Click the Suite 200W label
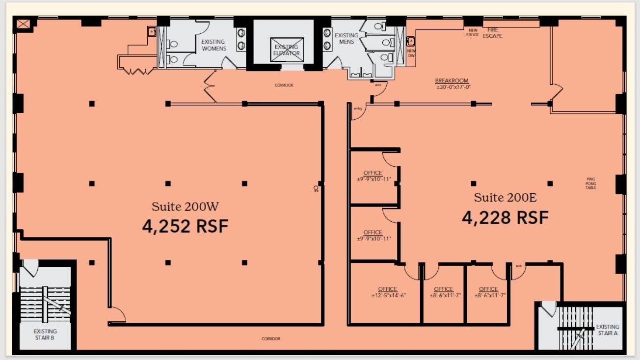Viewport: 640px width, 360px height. click(185, 206)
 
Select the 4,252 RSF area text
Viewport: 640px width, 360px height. click(185, 226)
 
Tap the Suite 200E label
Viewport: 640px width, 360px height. click(505, 198)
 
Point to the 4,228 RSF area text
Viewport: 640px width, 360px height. click(505, 217)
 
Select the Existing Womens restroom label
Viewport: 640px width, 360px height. click(213, 45)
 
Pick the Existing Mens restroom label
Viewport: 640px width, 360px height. click(347, 39)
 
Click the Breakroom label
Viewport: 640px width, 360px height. click(452, 80)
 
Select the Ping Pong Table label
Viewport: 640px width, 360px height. click(591, 183)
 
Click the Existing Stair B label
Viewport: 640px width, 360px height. click(45, 334)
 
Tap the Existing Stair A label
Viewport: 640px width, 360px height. click(607, 330)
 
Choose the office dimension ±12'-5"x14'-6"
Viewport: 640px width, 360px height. click(388, 295)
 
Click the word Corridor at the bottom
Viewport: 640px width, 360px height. click(270, 339)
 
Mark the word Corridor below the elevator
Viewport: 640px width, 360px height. click(284, 85)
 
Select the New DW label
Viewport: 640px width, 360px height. click(411, 53)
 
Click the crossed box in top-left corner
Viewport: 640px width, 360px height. click(24, 24)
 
